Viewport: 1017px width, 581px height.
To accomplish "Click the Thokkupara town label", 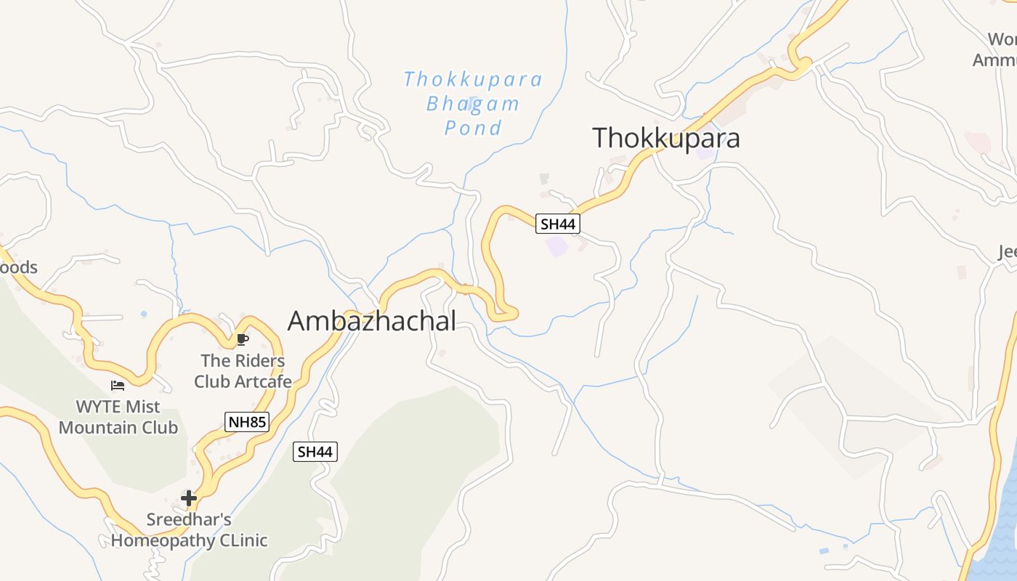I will (x=665, y=138).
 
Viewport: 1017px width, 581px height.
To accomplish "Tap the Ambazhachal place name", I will (x=372, y=320).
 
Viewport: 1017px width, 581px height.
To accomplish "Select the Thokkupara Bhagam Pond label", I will (x=473, y=103).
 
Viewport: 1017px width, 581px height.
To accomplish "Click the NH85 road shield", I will (x=247, y=422).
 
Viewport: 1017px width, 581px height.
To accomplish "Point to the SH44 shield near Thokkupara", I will (x=558, y=224).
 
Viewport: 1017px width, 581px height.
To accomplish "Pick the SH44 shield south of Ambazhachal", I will (x=315, y=452).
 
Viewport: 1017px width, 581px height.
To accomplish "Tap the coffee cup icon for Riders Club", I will (x=243, y=339).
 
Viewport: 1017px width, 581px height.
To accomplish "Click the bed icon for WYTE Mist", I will (x=118, y=385).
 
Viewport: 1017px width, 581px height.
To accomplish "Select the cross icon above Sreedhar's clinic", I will (x=189, y=497).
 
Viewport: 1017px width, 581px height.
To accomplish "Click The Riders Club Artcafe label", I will (x=243, y=370).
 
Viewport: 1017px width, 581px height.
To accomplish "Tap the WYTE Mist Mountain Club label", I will (x=118, y=417).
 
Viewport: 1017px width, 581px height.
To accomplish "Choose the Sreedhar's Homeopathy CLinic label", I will (x=189, y=530).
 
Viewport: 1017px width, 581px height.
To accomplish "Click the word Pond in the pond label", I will (x=473, y=129).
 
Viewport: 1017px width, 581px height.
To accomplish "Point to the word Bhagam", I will (x=473, y=104).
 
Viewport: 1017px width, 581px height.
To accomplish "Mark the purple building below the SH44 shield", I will (x=557, y=246).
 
